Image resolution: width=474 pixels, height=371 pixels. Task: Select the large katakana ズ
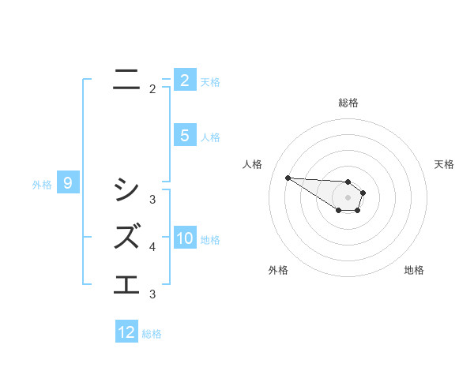point(127,236)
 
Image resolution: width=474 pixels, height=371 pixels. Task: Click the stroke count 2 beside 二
point(152,89)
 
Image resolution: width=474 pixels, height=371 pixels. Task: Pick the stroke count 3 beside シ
point(152,200)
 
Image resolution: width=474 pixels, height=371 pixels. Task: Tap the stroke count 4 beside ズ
point(152,247)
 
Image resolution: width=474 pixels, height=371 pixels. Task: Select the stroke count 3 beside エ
point(152,294)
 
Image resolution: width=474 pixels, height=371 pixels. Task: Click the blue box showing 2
point(184,80)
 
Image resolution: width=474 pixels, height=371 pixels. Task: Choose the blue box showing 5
point(184,136)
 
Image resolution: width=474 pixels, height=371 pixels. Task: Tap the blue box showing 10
point(185,238)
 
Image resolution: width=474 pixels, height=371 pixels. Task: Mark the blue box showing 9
point(68,184)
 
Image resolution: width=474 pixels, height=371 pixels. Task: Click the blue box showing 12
point(127,332)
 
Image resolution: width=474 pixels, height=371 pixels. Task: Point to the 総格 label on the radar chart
point(348,103)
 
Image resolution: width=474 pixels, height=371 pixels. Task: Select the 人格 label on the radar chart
point(253,164)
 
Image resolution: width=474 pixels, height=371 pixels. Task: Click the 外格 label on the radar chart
point(277,270)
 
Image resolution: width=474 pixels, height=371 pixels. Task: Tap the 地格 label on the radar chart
point(414,270)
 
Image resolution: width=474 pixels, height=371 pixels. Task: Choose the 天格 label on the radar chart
point(444,164)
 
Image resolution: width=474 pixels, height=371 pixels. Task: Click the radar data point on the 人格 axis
point(288,178)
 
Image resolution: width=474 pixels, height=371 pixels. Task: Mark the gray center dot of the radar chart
point(348,197)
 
